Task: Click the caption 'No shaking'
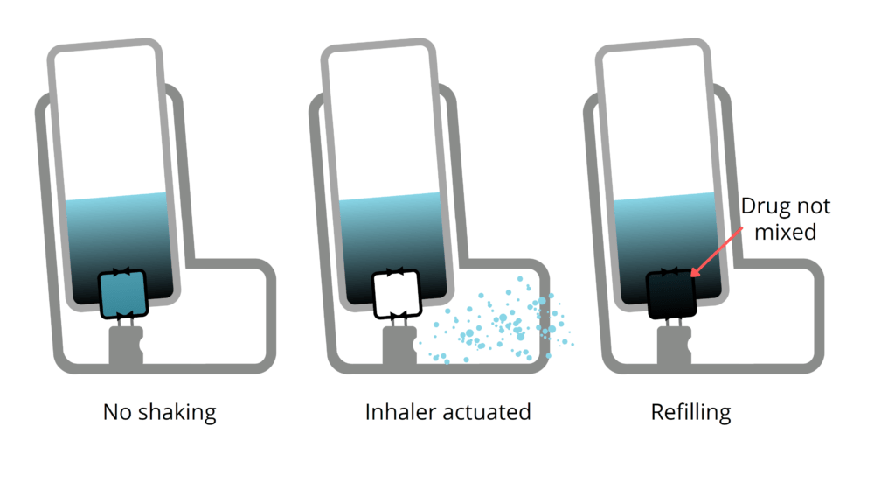[x=159, y=411]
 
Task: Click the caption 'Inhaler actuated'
[x=447, y=411]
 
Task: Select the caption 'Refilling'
[x=690, y=411]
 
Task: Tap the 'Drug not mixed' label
[x=785, y=220]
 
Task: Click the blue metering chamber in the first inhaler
[x=123, y=296]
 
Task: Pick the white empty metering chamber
[x=397, y=296]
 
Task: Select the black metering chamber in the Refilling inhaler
[x=671, y=296]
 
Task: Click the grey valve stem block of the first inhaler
[x=125, y=346]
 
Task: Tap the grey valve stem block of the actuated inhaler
[x=399, y=346]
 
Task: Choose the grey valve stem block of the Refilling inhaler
[x=674, y=346]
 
